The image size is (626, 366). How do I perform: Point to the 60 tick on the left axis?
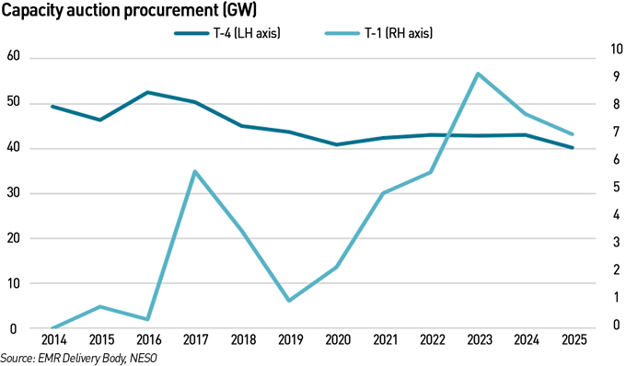point(13,58)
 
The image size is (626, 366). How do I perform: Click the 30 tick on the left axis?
point(13,193)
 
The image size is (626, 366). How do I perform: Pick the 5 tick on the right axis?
point(609,188)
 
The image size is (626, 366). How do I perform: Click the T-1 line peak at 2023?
point(478,74)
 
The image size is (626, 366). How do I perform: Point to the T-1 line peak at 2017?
point(194,171)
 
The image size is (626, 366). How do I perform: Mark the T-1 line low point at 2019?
point(289,301)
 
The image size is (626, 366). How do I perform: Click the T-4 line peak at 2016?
point(147,92)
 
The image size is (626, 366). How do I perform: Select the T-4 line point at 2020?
point(336,144)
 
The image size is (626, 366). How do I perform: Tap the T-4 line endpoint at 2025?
point(572,147)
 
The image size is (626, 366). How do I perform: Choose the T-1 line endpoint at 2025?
point(572,134)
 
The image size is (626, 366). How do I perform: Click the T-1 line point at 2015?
point(100,306)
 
